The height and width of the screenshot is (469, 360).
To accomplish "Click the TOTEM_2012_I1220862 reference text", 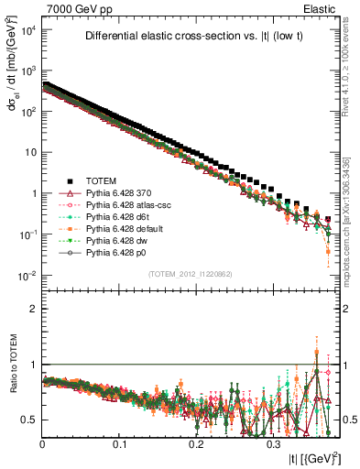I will (190, 274).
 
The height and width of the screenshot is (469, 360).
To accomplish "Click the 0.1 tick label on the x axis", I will (119, 443).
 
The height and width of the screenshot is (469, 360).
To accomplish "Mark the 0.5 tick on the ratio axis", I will (31, 420).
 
